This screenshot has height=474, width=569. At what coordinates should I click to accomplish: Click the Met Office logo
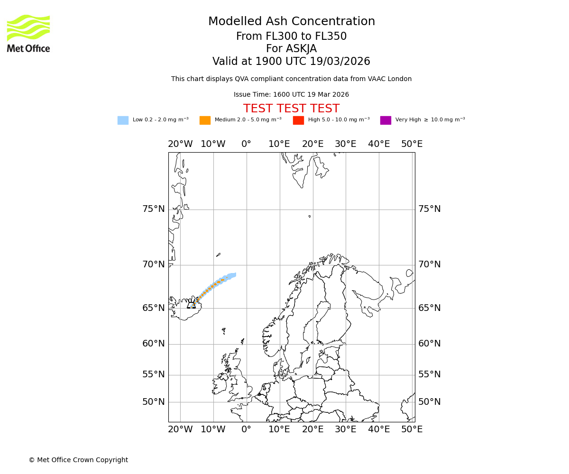(x=28, y=33)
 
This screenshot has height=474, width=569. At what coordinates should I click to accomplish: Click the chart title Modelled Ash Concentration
(x=291, y=22)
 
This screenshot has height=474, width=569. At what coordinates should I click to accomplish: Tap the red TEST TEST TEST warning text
(x=291, y=109)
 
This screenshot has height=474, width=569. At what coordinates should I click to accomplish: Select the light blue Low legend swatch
(x=123, y=120)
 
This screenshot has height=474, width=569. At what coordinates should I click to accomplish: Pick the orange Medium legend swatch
(x=205, y=120)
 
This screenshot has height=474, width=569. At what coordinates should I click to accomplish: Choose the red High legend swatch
(x=298, y=120)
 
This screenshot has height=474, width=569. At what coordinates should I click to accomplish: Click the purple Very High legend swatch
(x=385, y=120)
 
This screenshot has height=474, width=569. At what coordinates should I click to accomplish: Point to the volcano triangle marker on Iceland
(x=191, y=305)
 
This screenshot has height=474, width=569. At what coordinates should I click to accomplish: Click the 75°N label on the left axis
(x=154, y=209)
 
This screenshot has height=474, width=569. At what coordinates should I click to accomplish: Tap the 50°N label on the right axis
(x=429, y=402)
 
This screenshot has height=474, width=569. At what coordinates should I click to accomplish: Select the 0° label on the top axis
(x=246, y=144)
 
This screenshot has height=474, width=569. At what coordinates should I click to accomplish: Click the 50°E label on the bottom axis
(x=412, y=429)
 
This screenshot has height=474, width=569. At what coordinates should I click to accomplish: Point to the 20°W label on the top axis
(x=180, y=144)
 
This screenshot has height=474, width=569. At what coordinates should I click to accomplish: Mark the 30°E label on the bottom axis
(x=346, y=429)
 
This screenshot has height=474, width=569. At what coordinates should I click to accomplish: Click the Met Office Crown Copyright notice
(x=78, y=460)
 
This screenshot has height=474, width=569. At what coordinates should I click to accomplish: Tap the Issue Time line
(x=291, y=95)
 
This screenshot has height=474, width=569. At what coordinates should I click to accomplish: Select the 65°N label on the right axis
(x=429, y=308)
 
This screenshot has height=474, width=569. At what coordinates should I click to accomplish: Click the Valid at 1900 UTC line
(x=291, y=62)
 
